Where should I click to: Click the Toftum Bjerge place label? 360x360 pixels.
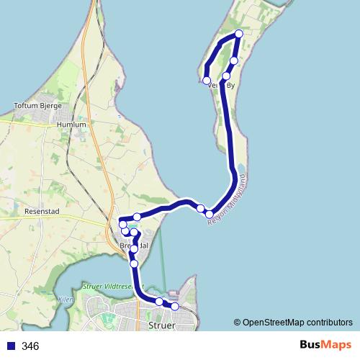click(40, 107)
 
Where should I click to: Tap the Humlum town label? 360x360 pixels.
click(71, 125)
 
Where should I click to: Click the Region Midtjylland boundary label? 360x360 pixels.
click(227, 201)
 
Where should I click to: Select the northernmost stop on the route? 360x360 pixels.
click(239, 33)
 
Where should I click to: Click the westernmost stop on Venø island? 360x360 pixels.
click(207, 80)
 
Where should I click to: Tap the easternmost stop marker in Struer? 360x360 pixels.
click(174, 306)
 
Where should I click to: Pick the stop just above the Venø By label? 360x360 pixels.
click(226, 76)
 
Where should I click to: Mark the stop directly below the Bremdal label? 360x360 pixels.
click(134, 264)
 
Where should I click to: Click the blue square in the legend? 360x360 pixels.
click(10, 346)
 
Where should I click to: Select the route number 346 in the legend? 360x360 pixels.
click(30, 346)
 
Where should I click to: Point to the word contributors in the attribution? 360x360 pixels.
click(330, 322)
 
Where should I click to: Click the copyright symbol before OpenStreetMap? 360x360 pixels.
click(238, 322)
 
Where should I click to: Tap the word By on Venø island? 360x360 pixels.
click(231, 86)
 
